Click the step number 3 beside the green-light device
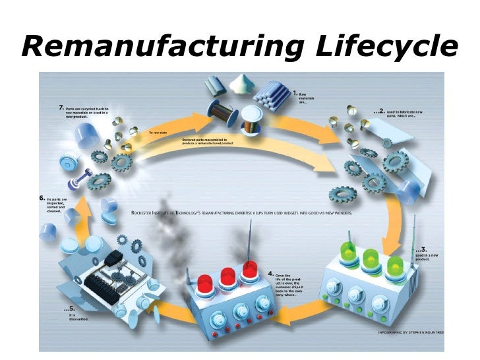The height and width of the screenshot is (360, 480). [x=422, y=251]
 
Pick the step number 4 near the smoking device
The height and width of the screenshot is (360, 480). [x=270, y=273]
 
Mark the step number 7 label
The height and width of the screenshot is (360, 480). [x=61, y=105]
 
